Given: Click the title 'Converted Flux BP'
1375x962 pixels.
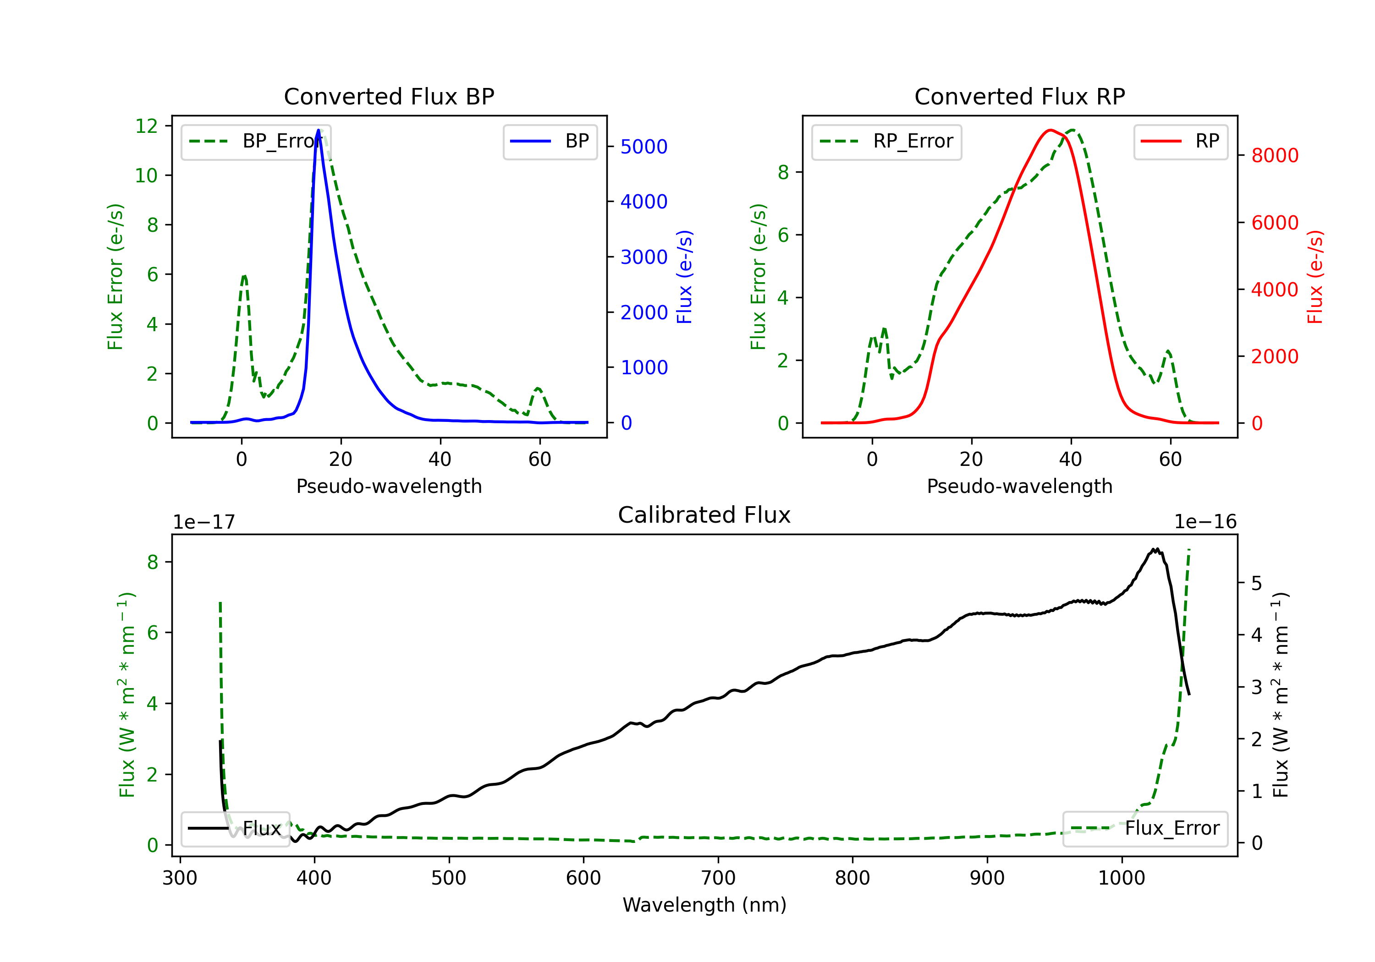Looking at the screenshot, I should click(x=389, y=96).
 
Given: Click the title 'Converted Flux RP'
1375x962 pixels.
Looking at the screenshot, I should click(x=1019, y=96).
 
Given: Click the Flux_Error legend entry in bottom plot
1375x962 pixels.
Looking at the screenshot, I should click(x=1144, y=829).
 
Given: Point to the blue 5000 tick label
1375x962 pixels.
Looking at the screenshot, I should click(x=644, y=147).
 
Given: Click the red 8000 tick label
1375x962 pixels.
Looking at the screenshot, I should click(x=1274, y=156).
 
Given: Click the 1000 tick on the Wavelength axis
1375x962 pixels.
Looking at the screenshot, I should click(x=1121, y=878).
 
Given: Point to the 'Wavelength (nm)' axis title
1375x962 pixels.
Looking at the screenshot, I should click(x=704, y=905).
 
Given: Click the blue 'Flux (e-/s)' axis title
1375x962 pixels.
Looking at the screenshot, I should click(x=684, y=277).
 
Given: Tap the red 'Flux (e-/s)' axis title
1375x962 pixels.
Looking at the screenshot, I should click(x=1315, y=277).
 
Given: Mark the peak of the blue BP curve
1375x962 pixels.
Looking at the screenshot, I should click(x=318, y=130).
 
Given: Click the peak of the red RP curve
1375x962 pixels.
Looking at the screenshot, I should click(x=1050, y=130).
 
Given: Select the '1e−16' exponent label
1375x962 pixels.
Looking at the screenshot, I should click(x=1205, y=522).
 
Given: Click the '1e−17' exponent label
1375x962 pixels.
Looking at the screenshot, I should click(x=203, y=522).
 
